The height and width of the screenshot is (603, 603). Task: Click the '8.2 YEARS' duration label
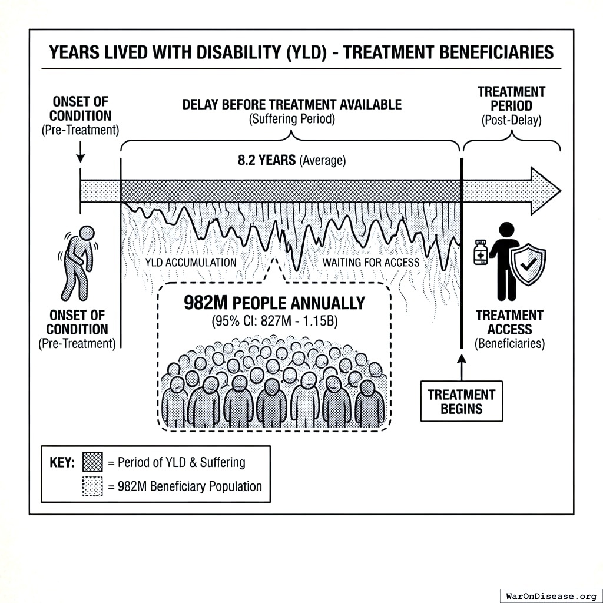(266, 160)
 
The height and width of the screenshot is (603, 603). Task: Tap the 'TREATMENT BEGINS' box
(461, 401)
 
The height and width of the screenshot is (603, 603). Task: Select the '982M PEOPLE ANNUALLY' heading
(274, 303)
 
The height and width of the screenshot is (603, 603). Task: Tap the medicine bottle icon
(481, 253)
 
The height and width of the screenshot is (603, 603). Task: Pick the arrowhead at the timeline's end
(545, 191)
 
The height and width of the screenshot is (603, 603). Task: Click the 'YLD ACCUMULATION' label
(191, 263)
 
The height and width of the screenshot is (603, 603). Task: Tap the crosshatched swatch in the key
(92, 462)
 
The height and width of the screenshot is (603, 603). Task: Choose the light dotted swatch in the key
(92, 486)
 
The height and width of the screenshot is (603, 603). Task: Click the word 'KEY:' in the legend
(62, 462)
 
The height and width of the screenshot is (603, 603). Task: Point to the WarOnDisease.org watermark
(551, 595)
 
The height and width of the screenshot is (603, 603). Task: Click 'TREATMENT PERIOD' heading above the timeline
(511, 99)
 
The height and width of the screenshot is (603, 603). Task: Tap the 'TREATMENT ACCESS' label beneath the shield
(509, 322)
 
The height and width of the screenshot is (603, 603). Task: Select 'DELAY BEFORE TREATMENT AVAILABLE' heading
(292, 105)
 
